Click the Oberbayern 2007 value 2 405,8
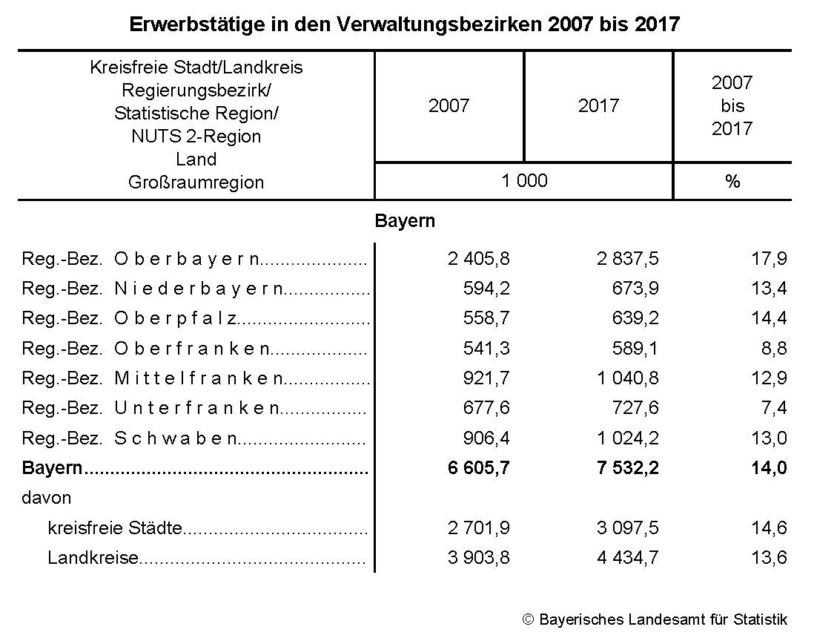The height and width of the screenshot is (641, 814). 478,259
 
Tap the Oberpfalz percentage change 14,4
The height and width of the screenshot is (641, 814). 769,318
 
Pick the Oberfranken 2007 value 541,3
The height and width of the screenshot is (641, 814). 486,348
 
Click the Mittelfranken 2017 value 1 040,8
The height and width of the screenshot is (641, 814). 628,378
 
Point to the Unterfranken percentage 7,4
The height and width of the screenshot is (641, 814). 773,408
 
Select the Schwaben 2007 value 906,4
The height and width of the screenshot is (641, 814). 486,438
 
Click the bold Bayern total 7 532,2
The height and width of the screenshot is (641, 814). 628,468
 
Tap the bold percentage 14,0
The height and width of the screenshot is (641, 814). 769,468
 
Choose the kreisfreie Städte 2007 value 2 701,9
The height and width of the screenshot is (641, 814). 478,528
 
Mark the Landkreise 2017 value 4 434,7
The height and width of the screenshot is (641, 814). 628,558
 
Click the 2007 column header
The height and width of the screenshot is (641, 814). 449,105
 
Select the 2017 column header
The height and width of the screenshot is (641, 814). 598,105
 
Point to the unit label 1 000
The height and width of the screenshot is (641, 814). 524,181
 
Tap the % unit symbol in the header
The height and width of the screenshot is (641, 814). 732,182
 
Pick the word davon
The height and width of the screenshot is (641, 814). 47,498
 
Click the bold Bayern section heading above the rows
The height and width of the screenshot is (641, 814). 405,221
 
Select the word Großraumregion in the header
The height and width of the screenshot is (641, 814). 196,183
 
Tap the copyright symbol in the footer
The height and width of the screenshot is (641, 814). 528,619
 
